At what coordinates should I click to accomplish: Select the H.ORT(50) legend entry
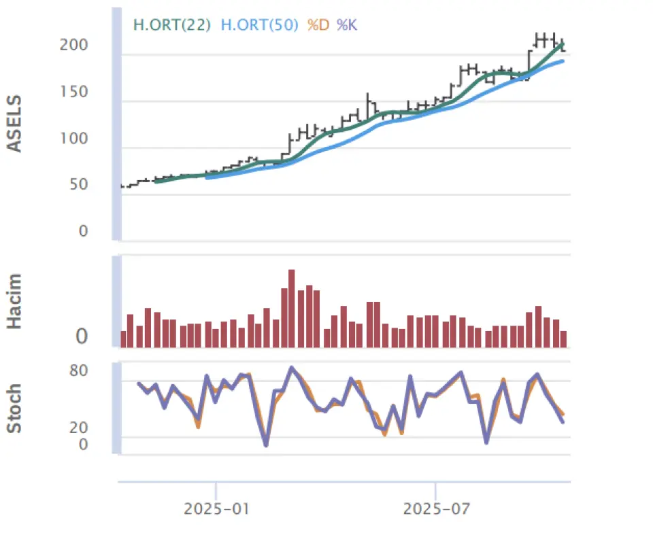pyautogui.click(x=260, y=26)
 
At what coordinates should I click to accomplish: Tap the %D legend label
pyautogui.click(x=318, y=26)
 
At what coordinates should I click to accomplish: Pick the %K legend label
pyautogui.click(x=347, y=26)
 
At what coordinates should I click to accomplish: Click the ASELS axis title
pyautogui.click(x=14, y=124)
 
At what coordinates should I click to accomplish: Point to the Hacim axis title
pyautogui.click(x=14, y=301)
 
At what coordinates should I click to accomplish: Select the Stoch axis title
pyautogui.click(x=14, y=409)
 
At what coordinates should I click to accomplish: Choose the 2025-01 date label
pyautogui.click(x=215, y=508)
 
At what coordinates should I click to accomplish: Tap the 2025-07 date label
pyautogui.click(x=435, y=508)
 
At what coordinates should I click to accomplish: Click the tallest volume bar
pyautogui.click(x=292, y=308)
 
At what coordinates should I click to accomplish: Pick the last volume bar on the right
pyautogui.click(x=563, y=339)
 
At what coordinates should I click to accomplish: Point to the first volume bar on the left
pyautogui.click(x=123, y=339)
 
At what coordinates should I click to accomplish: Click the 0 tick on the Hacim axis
pyautogui.click(x=82, y=336)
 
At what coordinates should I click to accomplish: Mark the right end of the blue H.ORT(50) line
pyautogui.click(x=563, y=61)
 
